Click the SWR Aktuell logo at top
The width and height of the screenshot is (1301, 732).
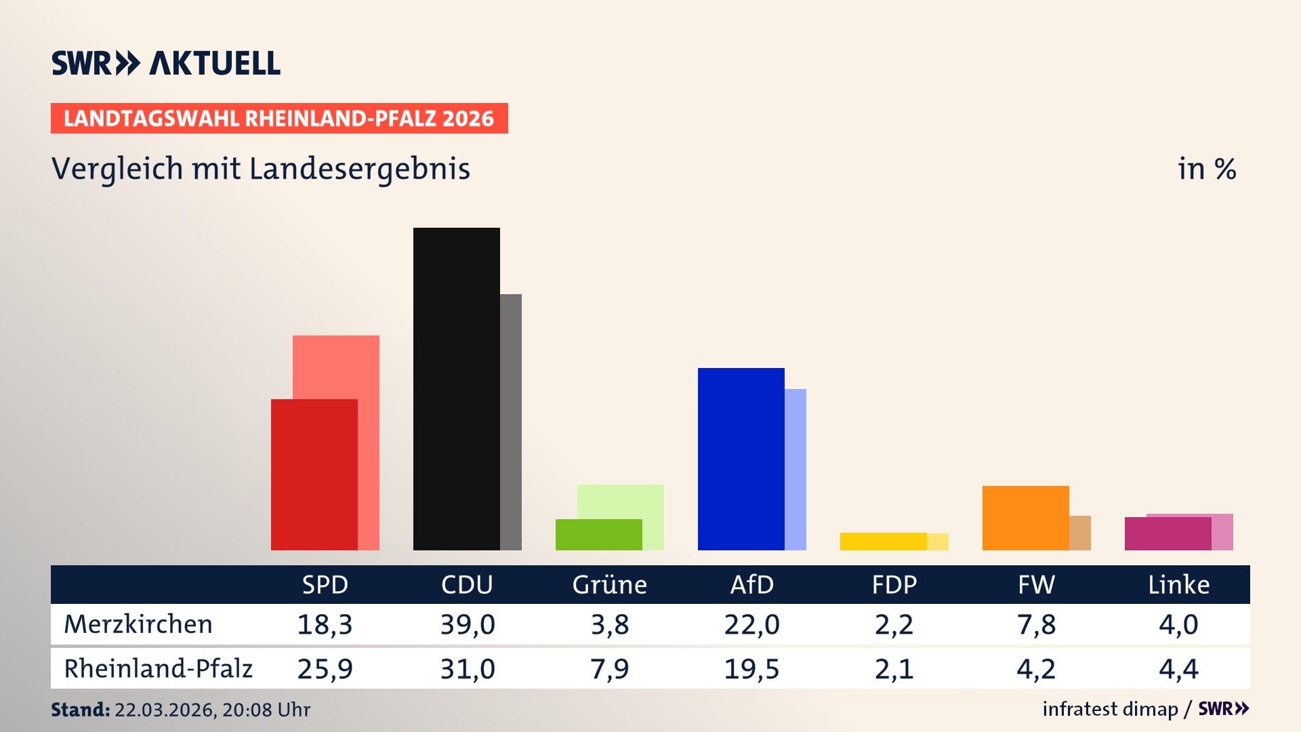pyautogui.click(x=165, y=63)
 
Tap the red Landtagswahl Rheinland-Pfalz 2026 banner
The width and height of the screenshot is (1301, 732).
pyautogui.click(x=279, y=119)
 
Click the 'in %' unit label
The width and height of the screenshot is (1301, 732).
pyautogui.click(x=1206, y=169)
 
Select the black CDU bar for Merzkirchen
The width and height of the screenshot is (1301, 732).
pyautogui.click(x=456, y=388)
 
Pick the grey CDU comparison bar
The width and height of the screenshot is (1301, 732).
pyautogui.click(x=511, y=422)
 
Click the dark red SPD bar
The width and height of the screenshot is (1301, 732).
pyautogui.click(x=314, y=474)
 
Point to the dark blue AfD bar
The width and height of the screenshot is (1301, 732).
pyautogui.click(x=741, y=459)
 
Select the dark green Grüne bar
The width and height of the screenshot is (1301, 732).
pyautogui.click(x=598, y=534)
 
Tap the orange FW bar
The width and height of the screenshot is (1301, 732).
pyautogui.click(x=1025, y=518)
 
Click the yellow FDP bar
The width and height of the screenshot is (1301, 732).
pyautogui.click(x=883, y=541)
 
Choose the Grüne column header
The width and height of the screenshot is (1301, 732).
pyautogui.click(x=609, y=585)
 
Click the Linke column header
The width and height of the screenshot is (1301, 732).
pyautogui.click(x=1178, y=585)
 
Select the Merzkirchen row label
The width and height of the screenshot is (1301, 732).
pyautogui.click(x=138, y=624)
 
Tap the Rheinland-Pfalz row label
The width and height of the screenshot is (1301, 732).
pyautogui.click(x=158, y=669)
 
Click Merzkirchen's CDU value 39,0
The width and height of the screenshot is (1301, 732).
pyautogui.click(x=468, y=624)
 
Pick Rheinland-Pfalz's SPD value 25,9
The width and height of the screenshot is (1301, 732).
pyautogui.click(x=325, y=669)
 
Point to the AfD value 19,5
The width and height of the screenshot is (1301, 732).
pyautogui.click(x=751, y=669)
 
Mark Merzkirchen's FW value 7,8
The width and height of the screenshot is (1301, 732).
pyautogui.click(x=1036, y=624)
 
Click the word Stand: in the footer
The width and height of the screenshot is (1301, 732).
pyautogui.click(x=80, y=710)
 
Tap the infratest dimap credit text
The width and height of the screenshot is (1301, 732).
pyautogui.click(x=1110, y=709)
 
